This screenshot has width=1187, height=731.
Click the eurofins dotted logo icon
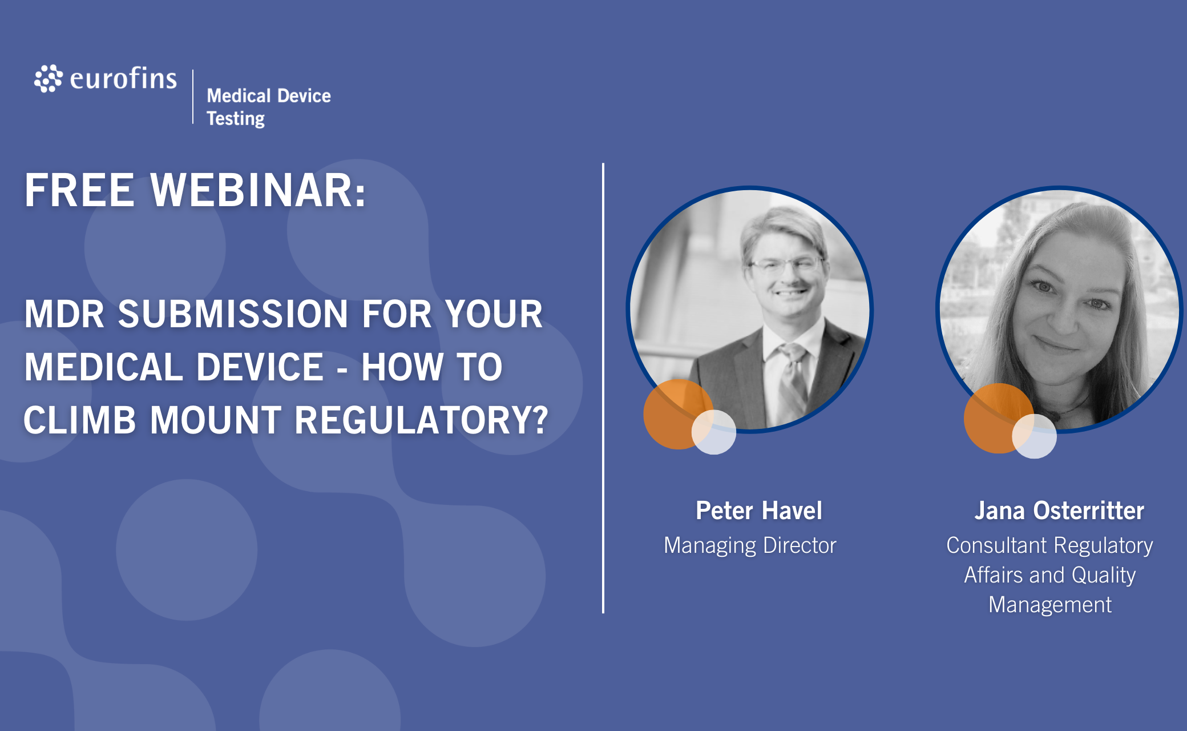tap(48, 78)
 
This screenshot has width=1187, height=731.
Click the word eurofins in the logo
tap(123, 78)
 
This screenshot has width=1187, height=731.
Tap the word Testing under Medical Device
tap(236, 119)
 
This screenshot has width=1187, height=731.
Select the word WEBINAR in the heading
tap(258, 190)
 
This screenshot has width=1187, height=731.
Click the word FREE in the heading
tap(79, 190)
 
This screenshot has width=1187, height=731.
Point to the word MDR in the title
tap(64, 314)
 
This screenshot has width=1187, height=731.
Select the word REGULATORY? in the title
tap(421, 420)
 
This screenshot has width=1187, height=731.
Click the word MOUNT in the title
tap(216, 420)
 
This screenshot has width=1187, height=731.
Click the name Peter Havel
tap(759, 511)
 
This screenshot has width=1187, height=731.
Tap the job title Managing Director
tap(750, 545)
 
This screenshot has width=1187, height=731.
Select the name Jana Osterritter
tap(1059, 511)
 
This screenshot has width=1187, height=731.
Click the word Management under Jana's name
tap(1050, 605)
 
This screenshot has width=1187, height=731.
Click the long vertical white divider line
tap(603, 388)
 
